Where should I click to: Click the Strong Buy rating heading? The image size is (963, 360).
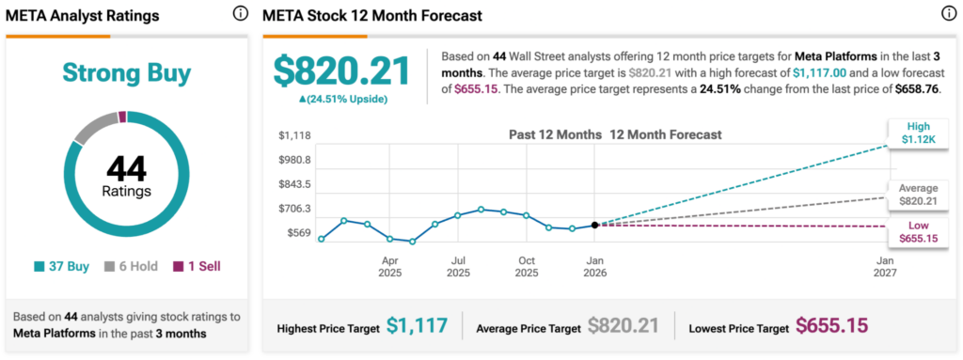coord(127,73)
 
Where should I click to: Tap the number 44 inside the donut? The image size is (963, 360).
coord(127,169)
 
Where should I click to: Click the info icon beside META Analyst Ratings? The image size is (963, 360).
coord(240,14)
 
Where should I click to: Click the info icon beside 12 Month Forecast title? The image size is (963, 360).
coord(948,14)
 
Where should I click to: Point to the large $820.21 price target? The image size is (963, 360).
coord(341,72)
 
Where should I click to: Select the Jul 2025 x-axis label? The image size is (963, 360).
coord(458,266)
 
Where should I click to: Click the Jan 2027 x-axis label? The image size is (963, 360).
coord(885,266)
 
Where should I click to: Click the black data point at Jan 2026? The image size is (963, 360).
coord(594,225)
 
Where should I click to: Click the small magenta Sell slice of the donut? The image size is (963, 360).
coord(122,117)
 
